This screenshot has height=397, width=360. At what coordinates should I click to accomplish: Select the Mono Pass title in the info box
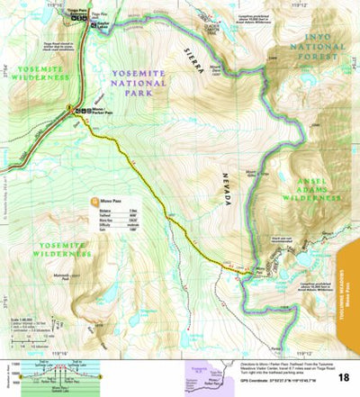(x=113, y=203)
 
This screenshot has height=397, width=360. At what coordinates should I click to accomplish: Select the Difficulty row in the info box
(x=121, y=227)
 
